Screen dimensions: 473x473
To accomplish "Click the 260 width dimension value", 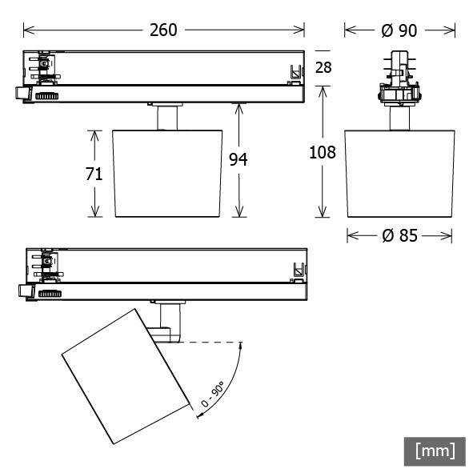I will [164, 30].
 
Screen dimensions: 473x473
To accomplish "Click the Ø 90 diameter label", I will [399, 30].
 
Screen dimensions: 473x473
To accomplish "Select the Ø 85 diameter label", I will [399, 236].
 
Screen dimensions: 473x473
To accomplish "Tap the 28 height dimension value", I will [323, 67].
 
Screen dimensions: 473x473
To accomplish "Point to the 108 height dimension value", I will [323, 152].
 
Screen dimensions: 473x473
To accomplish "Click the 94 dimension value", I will [238, 160].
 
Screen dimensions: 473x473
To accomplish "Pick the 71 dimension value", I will [94, 174].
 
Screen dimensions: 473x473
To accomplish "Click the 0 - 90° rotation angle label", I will [212, 396].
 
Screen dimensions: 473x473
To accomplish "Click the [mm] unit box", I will [435, 451].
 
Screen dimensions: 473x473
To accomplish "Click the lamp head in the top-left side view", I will [167, 172].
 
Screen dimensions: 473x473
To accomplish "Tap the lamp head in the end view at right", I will [399, 172].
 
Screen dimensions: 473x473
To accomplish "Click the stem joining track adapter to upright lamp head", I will [167, 117].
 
